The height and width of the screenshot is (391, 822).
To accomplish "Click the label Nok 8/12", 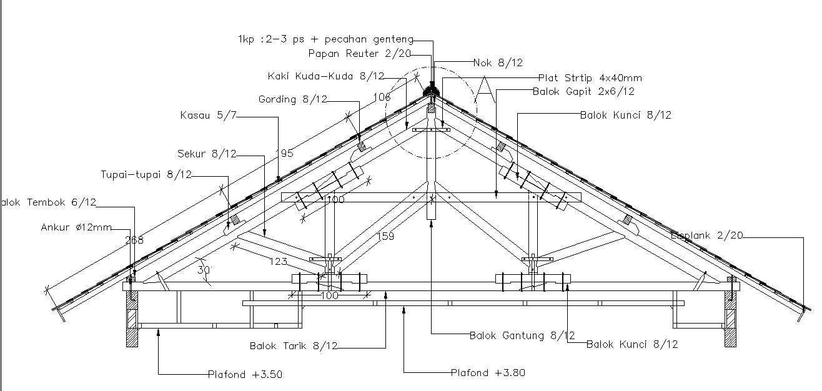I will pyautogui.click(x=498, y=62).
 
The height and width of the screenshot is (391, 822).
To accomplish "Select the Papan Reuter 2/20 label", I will pyautogui.click(x=360, y=54).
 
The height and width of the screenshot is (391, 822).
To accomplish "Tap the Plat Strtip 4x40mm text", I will pyautogui.click(x=590, y=78).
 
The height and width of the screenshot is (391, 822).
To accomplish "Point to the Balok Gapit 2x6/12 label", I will pyautogui.click(x=583, y=91).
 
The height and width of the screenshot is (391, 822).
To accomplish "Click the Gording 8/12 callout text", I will pyautogui.click(x=292, y=99).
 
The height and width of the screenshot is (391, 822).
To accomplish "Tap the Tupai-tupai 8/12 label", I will pyautogui.click(x=146, y=174).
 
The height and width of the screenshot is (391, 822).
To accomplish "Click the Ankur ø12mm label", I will pyautogui.click(x=76, y=227).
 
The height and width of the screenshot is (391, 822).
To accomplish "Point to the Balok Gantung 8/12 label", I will pyautogui.click(x=522, y=335).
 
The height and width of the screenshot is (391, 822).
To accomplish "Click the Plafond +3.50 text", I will pyautogui.click(x=241, y=375).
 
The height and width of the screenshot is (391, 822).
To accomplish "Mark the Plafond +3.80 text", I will pyautogui.click(x=488, y=373).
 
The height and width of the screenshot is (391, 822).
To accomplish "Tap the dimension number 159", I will pyautogui.click(x=385, y=236).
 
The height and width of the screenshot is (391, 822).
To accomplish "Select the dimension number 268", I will pyautogui.click(x=134, y=239).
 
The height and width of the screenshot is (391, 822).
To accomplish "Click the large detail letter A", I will pyautogui.click(x=484, y=89).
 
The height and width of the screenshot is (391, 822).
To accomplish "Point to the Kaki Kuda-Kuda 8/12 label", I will pyautogui.click(x=326, y=76).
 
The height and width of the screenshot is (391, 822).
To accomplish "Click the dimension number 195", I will pyautogui.click(x=285, y=154).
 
